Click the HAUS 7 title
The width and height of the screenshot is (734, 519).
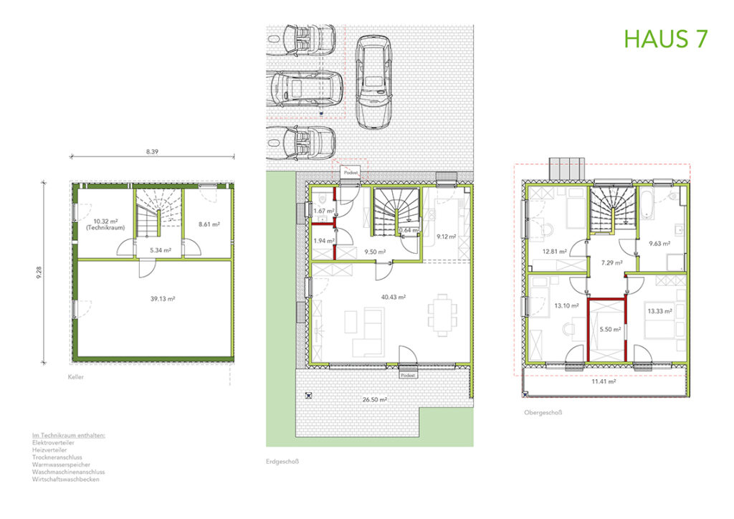click(x=666, y=39)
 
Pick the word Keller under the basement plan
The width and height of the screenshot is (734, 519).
click(x=76, y=376)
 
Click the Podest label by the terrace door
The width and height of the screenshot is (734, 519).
click(x=408, y=375)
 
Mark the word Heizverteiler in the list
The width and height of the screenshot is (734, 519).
click(x=49, y=450)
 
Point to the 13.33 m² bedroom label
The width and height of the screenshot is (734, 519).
click(x=659, y=311)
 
